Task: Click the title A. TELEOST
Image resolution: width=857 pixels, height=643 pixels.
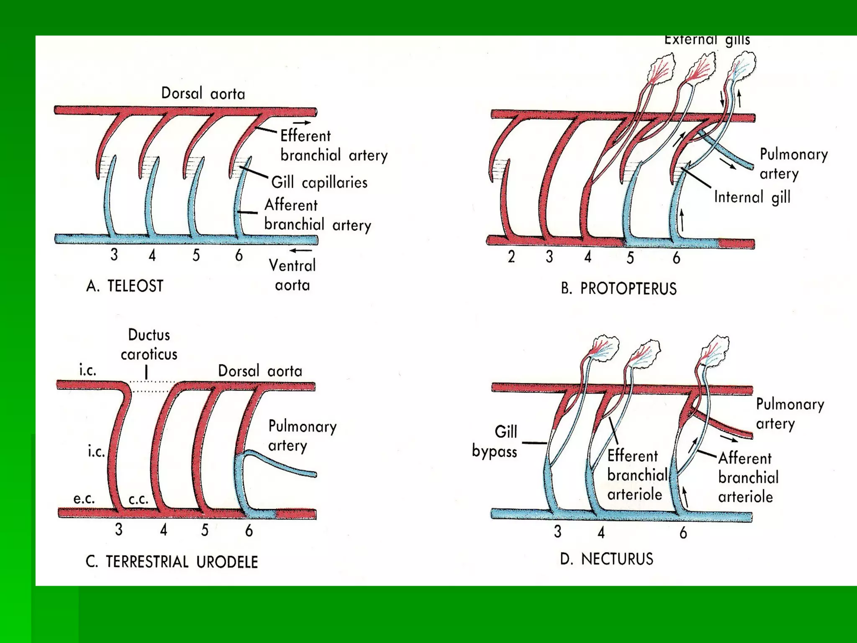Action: tap(124, 286)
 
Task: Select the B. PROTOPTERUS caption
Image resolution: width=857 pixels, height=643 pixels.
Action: tap(618, 289)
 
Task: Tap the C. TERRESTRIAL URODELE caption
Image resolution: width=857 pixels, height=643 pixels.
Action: tap(172, 562)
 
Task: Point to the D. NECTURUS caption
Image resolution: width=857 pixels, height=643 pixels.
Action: tap(606, 559)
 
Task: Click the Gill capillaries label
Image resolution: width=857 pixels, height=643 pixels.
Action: tap(319, 183)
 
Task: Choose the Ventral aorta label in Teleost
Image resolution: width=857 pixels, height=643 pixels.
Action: tap(292, 275)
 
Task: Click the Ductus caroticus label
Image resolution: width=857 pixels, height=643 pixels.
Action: tap(149, 345)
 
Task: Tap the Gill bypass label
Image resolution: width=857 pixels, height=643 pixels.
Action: tap(495, 441)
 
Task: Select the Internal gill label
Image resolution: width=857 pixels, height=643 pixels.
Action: tap(752, 197)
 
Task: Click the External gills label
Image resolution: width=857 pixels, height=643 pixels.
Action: tap(707, 40)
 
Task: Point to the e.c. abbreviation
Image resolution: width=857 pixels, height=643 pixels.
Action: tap(84, 499)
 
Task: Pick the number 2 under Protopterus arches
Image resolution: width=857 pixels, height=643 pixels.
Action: tap(511, 257)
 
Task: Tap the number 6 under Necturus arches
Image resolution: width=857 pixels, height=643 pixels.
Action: tap(683, 533)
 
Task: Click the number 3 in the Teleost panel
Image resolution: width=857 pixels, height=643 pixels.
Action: tap(114, 255)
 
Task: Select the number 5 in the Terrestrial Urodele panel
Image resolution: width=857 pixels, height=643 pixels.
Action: tap(204, 530)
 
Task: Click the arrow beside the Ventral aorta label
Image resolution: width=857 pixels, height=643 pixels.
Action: tap(301, 251)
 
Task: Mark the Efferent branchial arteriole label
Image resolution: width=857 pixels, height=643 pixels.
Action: tap(637, 475)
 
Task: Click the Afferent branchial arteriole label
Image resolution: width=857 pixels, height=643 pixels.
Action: tap(748, 478)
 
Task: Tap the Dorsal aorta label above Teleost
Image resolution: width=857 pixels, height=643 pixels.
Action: tap(203, 93)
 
